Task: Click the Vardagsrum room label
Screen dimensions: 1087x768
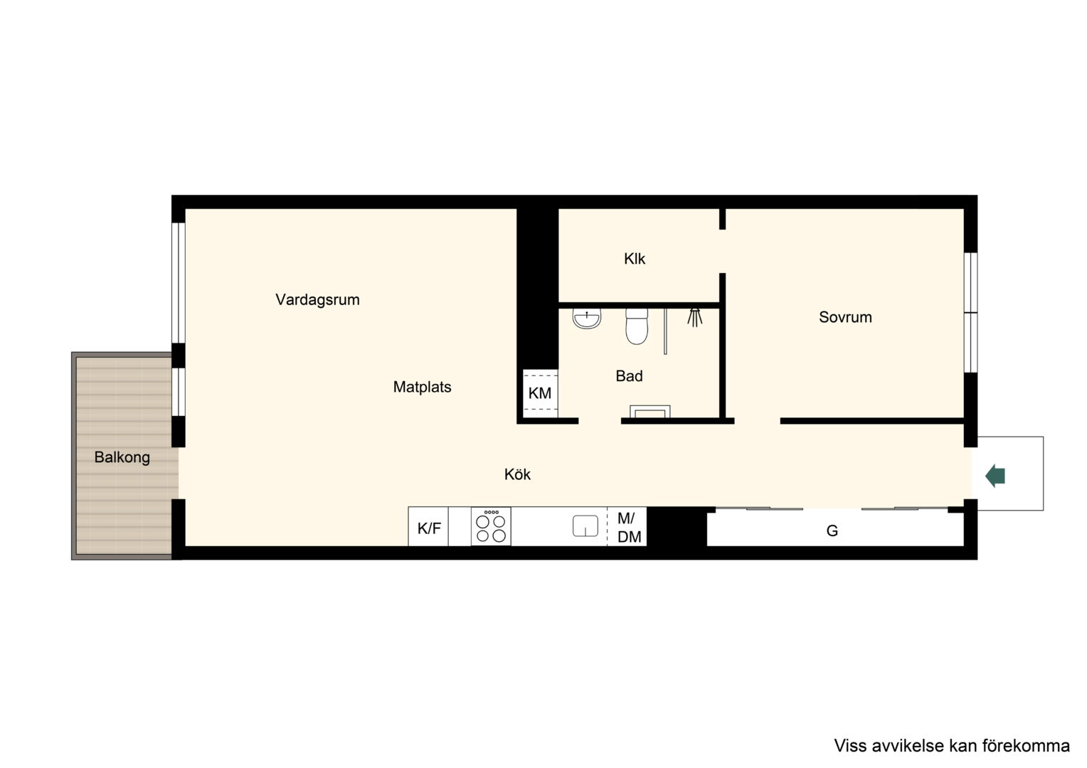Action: click(x=317, y=300)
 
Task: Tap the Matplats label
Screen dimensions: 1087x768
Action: click(x=422, y=387)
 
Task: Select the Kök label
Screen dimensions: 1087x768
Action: click(x=517, y=474)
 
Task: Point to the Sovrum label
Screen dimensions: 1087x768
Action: click(x=845, y=317)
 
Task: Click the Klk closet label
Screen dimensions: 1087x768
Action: click(x=635, y=259)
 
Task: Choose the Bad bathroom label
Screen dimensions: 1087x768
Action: click(x=629, y=375)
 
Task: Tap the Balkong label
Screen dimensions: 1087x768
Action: click(x=122, y=457)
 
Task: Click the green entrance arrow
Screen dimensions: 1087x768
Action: click(x=995, y=476)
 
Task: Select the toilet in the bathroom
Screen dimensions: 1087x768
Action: click(x=637, y=326)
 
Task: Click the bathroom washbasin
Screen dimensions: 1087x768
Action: click(x=587, y=319)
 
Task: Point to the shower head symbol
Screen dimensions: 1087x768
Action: click(x=695, y=317)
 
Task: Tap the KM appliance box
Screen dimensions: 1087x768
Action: click(x=540, y=393)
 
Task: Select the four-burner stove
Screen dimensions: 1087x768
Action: click(x=491, y=526)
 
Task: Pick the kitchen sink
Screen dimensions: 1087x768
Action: click(x=585, y=526)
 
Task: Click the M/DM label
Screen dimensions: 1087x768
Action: click(x=629, y=528)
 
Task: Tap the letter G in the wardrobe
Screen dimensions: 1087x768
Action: click(x=832, y=530)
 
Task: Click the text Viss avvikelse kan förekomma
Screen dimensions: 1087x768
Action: click(x=952, y=746)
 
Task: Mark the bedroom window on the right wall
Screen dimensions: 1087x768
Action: click(x=970, y=312)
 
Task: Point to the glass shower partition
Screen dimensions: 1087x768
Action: click(x=665, y=331)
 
